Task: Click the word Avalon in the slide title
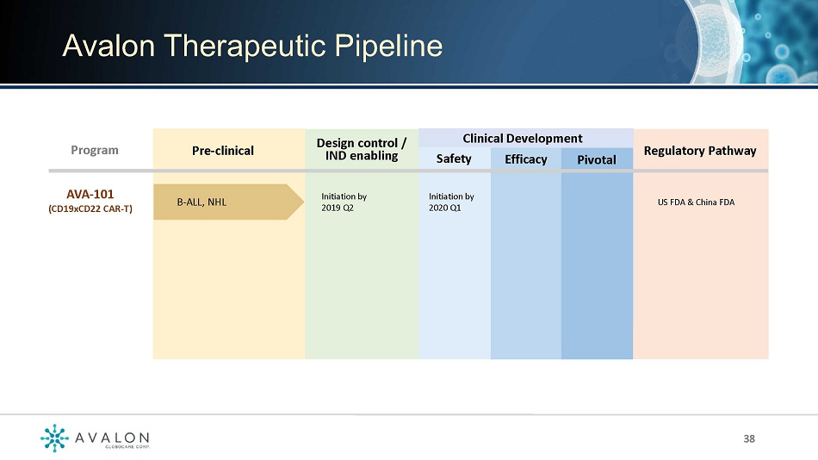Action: click(x=108, y=46)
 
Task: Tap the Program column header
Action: click(x=95, y=151)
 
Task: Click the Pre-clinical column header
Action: click(x=223, y=151)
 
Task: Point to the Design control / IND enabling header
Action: click(x=362, y=149)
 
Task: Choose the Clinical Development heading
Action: click(x=522, y=139)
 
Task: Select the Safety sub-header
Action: click(x=454, y=159)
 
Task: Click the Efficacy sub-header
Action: click(x=526, y=159)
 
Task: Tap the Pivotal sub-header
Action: click(x=597, y=159)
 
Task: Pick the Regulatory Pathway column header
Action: click(x=700, y=151)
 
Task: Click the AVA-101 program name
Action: click(x=90, y=194)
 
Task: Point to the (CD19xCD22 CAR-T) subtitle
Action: click(x=90, y=208)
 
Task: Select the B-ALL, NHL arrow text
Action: click(x=201, y=202)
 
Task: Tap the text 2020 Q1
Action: click(x=445, y=208)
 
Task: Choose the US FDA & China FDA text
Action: click(x=696, y=202)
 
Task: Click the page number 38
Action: click(x=749, y=438)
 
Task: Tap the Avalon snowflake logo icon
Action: click(x=54, y=438)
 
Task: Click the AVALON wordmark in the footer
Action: click(x=112, y=438)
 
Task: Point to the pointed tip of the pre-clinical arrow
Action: click(x=304, y=202)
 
